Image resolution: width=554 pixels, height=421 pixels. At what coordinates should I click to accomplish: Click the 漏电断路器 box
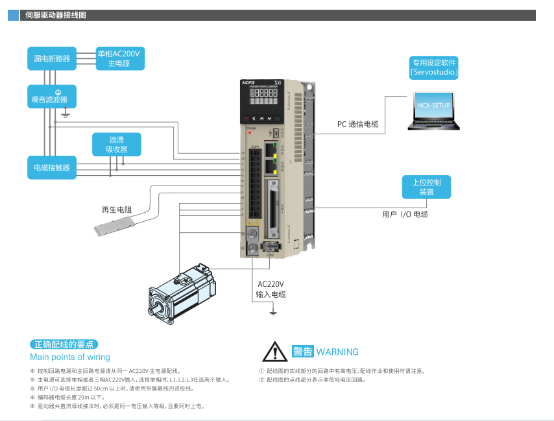52,58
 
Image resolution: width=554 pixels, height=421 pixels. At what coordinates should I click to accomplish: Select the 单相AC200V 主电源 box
119,58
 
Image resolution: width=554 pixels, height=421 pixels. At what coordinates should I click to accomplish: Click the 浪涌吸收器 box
116,145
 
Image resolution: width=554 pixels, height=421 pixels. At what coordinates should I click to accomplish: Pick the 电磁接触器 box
52,167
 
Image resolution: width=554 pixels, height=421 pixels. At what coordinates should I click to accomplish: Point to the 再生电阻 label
117,210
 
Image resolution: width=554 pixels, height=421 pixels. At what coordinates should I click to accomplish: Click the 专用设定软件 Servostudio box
434,67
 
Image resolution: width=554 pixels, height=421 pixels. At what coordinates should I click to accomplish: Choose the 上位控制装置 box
426,187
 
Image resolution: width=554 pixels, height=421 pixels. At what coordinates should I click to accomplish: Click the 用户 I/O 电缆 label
405,214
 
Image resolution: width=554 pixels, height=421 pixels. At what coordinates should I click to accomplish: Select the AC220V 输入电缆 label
271,289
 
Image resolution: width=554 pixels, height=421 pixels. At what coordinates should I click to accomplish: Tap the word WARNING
337,352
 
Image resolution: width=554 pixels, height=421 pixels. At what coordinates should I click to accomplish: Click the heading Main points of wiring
70,357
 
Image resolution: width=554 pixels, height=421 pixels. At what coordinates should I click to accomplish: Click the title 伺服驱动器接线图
55,15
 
